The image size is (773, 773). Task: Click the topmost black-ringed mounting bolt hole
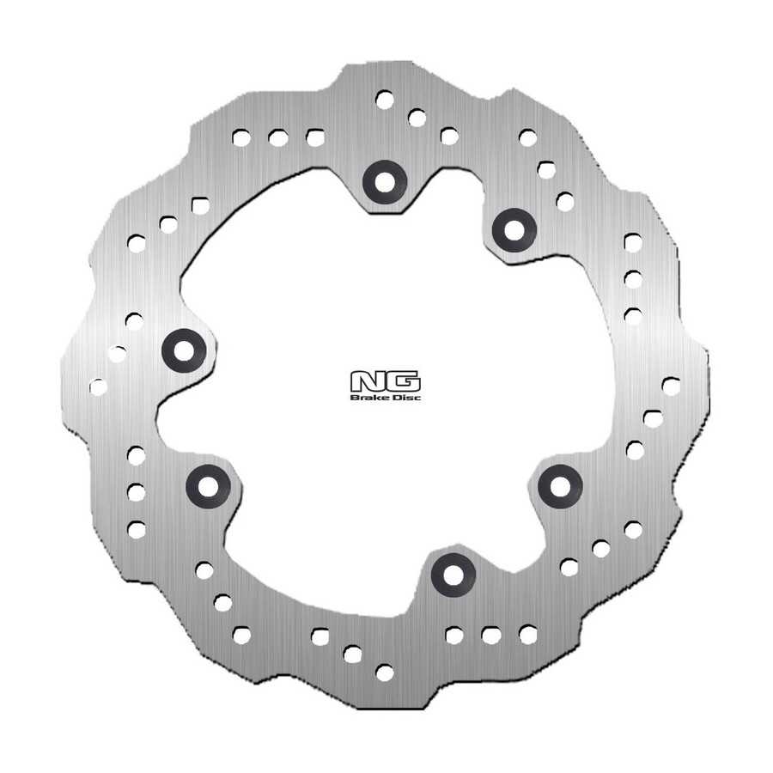(x=385, y=182)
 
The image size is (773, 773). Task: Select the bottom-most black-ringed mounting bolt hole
(x=453, y=575)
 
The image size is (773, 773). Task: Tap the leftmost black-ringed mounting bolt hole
(x=184, y=351)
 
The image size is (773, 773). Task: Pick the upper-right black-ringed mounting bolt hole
(x=514, y=230)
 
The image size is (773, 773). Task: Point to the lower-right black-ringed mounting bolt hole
(x=560, y=487)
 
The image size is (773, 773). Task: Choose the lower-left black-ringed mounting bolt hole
(x=208, y=487)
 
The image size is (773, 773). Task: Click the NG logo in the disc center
(x=386, y=381)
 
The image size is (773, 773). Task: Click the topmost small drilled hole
(x=385, y=100)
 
